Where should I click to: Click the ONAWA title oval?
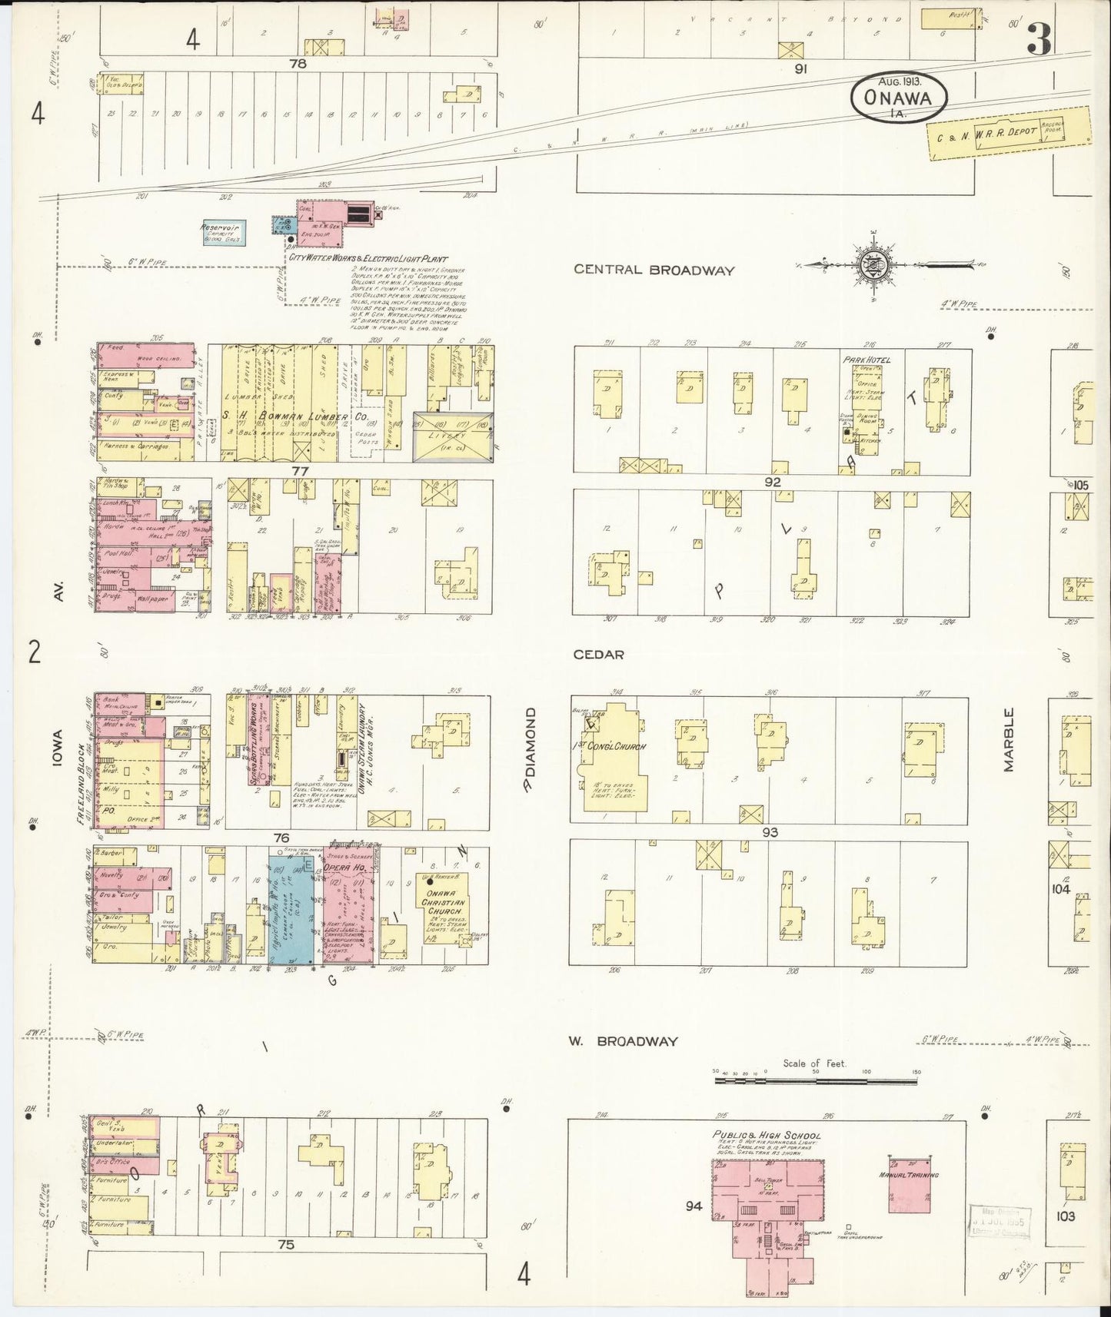click(x=898, y=97)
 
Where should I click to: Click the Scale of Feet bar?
click(x=816, y=1080)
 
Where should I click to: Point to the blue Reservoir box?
click(x=222, y=232)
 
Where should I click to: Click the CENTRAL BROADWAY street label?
click(x=654, y=270)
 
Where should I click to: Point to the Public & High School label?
click(x=766, y=1136)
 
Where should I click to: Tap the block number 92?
click(x=773, y=483)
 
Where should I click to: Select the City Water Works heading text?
click(x=367, y=260)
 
